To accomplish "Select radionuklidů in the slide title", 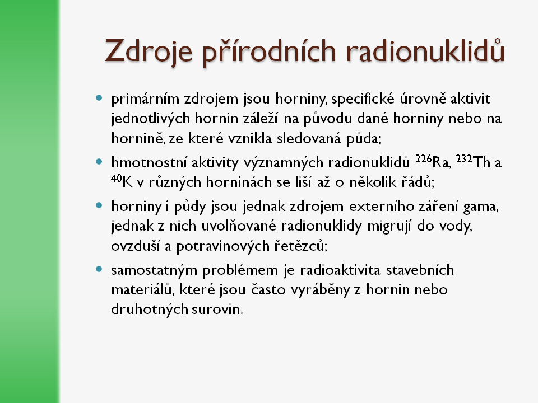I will [x=423, y=52].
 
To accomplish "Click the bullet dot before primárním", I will [x=99, y=98].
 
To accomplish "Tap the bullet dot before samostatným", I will [x=99, y=269].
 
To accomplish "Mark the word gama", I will [x=483, y=207].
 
